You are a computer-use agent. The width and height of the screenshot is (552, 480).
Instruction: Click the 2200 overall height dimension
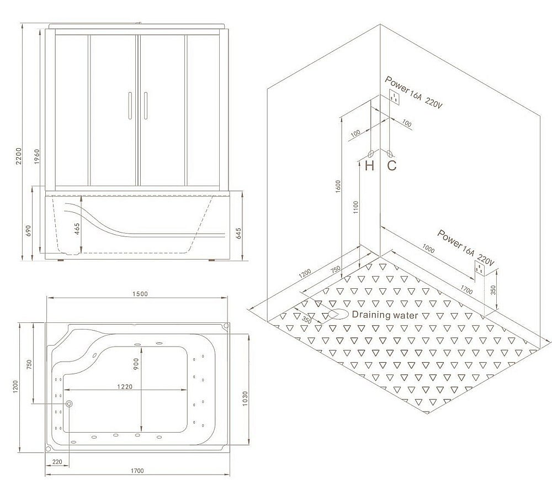coord(19,155)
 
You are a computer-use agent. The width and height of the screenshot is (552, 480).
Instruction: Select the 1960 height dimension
coord(36,157)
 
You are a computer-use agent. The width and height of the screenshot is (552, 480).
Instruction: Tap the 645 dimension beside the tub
coord(238,234)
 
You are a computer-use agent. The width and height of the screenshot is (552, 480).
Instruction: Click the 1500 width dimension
coord(140,294)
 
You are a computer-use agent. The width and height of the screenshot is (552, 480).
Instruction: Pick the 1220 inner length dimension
coord(125,386)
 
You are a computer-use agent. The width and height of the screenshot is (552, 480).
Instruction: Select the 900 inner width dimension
coord(136,364)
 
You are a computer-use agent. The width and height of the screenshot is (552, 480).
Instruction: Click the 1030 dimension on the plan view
coord(245,398)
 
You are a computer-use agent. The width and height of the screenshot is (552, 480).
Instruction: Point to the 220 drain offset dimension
coord(57,462)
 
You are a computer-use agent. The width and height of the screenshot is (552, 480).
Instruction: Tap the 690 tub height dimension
coord(29,230)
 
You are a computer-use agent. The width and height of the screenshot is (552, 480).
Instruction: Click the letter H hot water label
coord(370,165)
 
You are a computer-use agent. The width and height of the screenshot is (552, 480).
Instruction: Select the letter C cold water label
coord(391,165)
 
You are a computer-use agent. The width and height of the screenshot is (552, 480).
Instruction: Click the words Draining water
coord(385,315)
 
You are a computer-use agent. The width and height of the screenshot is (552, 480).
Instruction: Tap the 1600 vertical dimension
coord(338,186)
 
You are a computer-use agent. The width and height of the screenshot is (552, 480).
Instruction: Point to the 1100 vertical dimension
coord(355,207)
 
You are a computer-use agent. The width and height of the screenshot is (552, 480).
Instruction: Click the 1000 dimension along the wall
coord(428,249)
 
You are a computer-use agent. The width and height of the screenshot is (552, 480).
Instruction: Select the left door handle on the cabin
coord(130,106)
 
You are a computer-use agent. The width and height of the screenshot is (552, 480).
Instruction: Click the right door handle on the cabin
coord(145,106)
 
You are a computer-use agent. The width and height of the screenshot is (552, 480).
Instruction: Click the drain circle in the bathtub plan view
coord(69,404)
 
